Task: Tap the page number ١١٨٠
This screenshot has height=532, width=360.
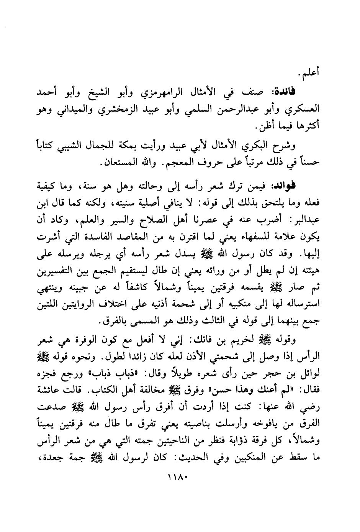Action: tap(180, 478)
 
